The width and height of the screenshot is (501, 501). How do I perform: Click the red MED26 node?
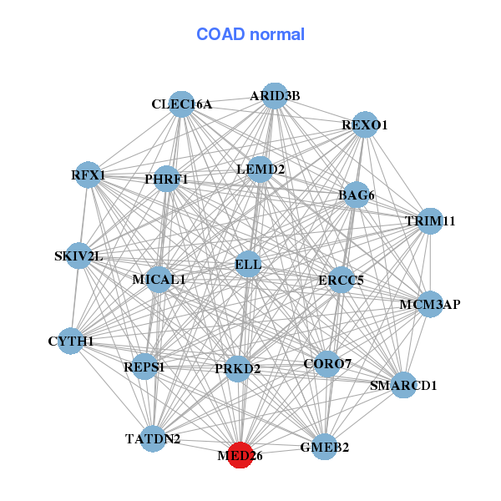pos(240,455)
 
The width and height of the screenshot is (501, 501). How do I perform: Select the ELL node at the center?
pos(248,264)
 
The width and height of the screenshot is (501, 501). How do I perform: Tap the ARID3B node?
pos(275,95)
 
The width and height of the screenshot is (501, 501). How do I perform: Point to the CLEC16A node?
pos(181,104)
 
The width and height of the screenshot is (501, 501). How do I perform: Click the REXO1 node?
pos(365,124)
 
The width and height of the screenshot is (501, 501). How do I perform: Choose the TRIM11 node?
pos(430,221)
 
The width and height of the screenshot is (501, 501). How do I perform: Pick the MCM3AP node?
pos(430,304)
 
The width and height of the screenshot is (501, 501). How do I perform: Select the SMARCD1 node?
pos(403,385)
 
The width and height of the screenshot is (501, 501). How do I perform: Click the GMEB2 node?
pos(324,447)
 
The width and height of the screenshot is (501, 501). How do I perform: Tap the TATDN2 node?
pos(153,438)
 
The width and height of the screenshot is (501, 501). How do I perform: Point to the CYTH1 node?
pos(71,341)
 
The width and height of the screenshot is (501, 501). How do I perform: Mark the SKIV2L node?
pos(79,256)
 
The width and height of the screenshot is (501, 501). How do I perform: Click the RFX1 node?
pos(88,175)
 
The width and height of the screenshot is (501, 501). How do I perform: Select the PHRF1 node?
pos(166,179)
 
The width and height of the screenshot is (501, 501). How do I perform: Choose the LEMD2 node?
pos(261,170)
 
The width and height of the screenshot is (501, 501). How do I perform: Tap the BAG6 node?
pos(356,195)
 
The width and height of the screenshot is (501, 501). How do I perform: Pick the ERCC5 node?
pos(341,280)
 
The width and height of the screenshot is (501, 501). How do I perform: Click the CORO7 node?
pos(327,363)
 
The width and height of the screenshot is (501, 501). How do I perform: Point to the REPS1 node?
pos(144,367)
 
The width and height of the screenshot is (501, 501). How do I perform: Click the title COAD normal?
pos(250,34)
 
